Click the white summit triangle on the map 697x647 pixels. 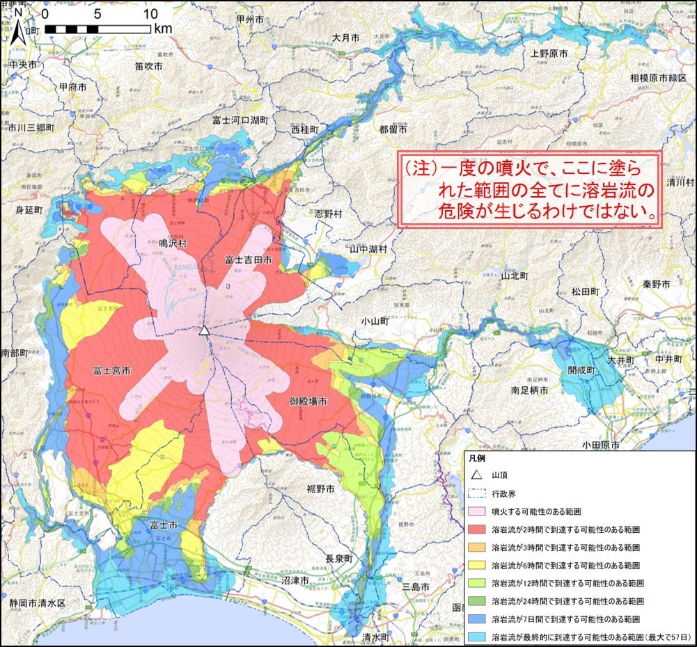tap(204, 330)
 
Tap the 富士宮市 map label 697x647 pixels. tap(112, 371)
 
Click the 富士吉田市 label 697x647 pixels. tap(248, 259)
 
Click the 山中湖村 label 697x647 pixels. tap(368, 249)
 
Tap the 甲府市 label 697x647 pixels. tap(73, 88)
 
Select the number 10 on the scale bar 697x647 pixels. tap(150, 14)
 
